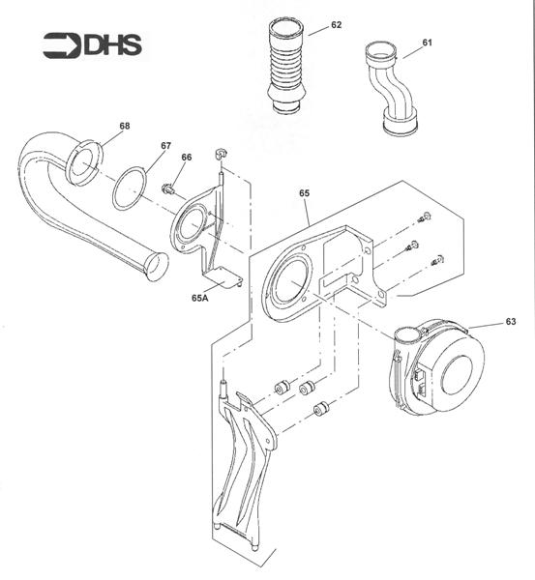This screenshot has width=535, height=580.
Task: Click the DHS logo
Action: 93,45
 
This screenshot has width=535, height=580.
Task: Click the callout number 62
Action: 336,25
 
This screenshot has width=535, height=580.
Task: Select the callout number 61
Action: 428,43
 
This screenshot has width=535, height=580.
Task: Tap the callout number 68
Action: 125,126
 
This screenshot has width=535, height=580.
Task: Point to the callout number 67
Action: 166,146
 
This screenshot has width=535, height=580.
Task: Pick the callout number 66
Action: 187,158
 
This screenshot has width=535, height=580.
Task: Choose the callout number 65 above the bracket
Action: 304,194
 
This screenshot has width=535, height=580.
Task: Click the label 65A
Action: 201,299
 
